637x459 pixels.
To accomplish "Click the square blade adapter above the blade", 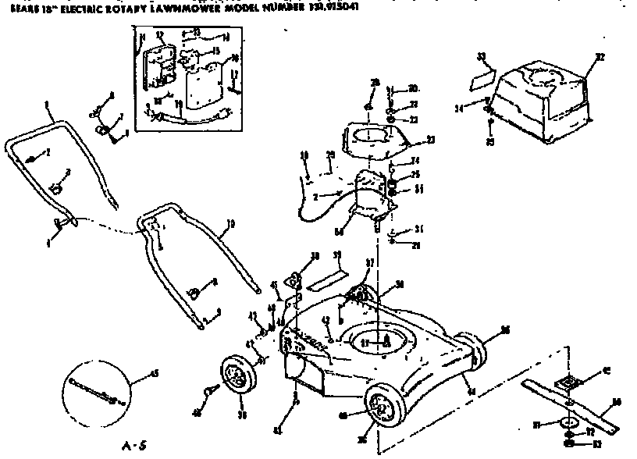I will click(573, 381).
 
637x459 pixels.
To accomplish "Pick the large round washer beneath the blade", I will click(568, 424).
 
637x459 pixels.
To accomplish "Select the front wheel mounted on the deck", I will click(383, 407).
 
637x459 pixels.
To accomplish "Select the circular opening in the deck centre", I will click(383, 341).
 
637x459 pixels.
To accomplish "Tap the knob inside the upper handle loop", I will click(57, 188).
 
